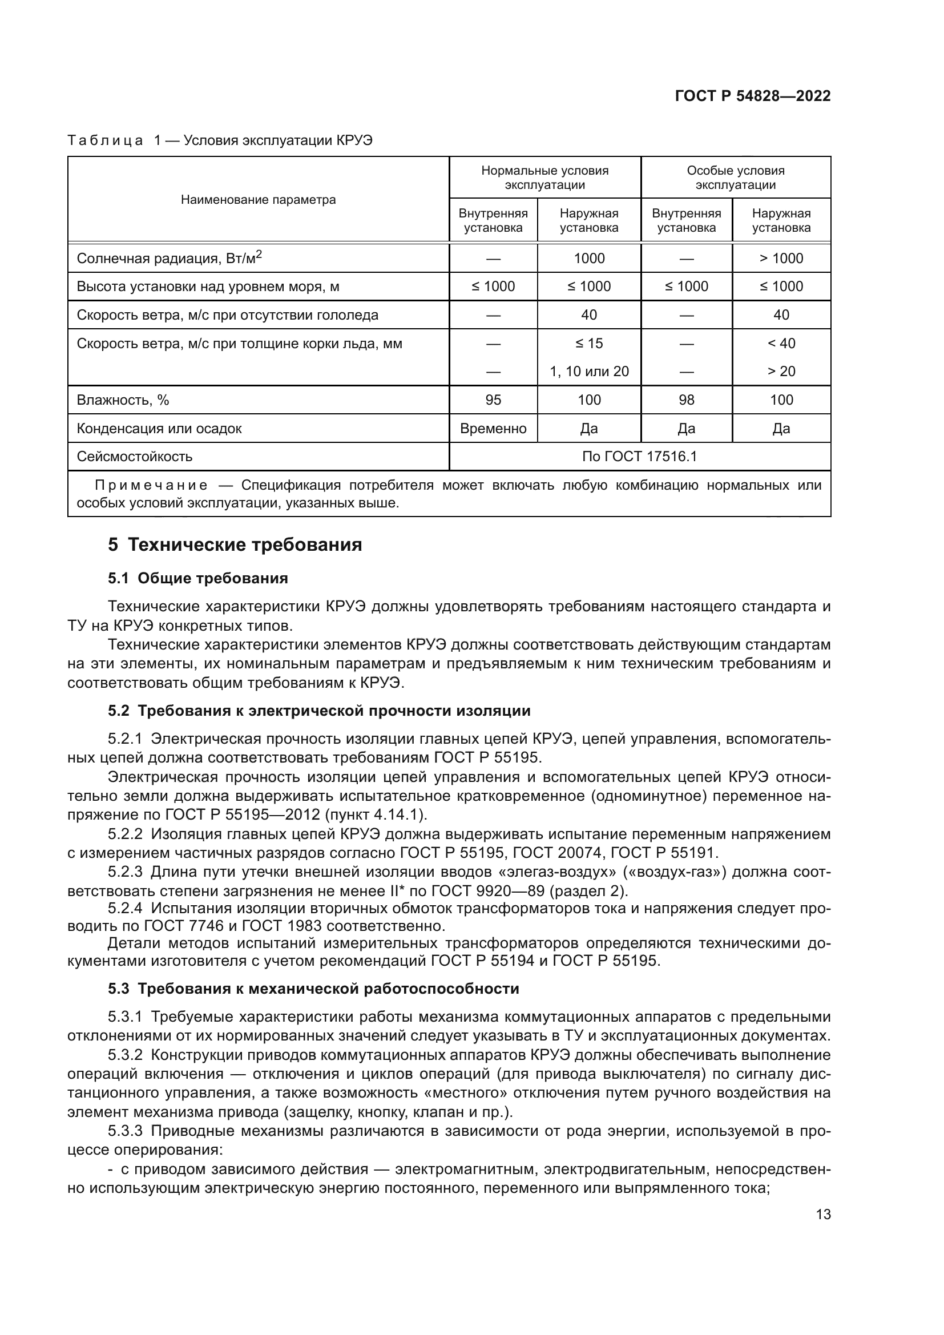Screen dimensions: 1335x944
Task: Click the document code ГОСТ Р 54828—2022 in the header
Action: [752, 96]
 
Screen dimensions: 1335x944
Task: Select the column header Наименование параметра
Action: [258, 200]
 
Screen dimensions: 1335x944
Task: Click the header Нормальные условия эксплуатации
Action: [544, 178]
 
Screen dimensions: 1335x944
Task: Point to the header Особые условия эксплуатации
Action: [735, 178]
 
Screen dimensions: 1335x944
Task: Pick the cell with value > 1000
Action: [781, 258]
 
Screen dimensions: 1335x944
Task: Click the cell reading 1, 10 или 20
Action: [589, 372]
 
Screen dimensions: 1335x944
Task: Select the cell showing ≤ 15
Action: [589, 344]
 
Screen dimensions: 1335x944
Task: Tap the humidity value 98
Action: [686, 400]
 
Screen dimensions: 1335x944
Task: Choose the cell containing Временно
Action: [493, 429]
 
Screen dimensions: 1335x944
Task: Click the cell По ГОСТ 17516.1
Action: [639, 457]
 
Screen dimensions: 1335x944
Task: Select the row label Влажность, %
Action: [123, 400]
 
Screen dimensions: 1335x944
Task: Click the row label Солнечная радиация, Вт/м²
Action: [169, 258]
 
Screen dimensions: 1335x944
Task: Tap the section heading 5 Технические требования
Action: [235, 545]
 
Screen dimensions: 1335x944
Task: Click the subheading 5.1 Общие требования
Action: [197, 578]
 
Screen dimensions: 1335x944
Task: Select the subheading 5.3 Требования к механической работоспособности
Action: [313, 989]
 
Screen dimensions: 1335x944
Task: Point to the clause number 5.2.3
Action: [125, 872]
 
